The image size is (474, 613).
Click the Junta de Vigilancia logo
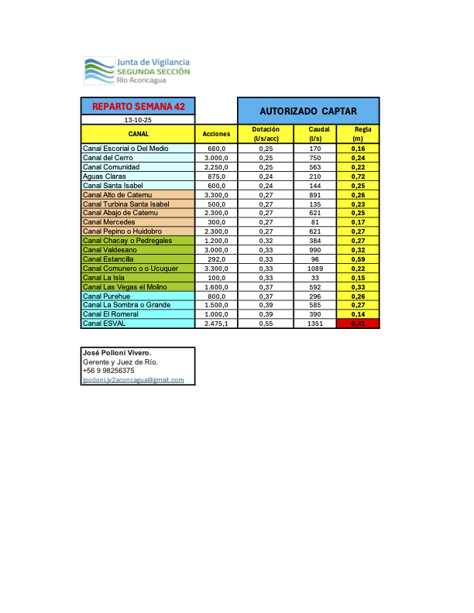[136, 70]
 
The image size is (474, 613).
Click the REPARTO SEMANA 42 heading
[138, 106]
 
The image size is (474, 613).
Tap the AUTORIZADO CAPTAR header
[307, 111]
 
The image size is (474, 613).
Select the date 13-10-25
[138, 121]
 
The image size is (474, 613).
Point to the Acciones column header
[215, 134]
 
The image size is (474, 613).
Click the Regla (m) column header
[358, 134]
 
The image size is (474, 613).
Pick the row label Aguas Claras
[105, 176]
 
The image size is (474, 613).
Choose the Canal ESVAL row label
[105, 324]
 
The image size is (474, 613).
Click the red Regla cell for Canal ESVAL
[358, 324]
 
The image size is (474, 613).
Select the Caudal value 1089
[314, 269]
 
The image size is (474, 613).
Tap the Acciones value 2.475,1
[215, 324]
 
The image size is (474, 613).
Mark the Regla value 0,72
[358, 176]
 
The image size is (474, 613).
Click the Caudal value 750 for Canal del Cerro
[314, 158]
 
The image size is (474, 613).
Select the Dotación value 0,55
[266, 324]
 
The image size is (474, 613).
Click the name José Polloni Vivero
[117, 353]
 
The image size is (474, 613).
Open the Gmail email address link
[133, 380]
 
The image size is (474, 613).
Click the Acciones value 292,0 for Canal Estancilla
[215, 259]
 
